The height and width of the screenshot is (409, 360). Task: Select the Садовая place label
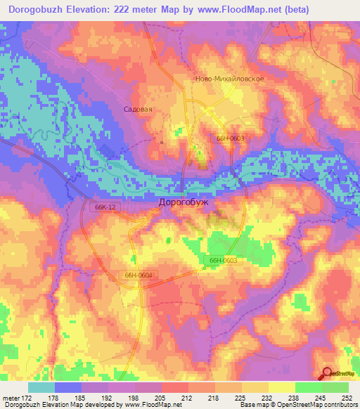(138, 110)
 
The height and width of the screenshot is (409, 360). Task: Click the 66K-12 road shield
(103, 207)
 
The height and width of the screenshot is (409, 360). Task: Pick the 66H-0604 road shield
(138, 275)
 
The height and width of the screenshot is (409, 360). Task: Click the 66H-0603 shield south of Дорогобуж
(224, 260)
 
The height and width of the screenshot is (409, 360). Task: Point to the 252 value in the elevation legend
(346, 397)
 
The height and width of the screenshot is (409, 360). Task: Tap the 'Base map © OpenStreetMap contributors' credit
(297, 405)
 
